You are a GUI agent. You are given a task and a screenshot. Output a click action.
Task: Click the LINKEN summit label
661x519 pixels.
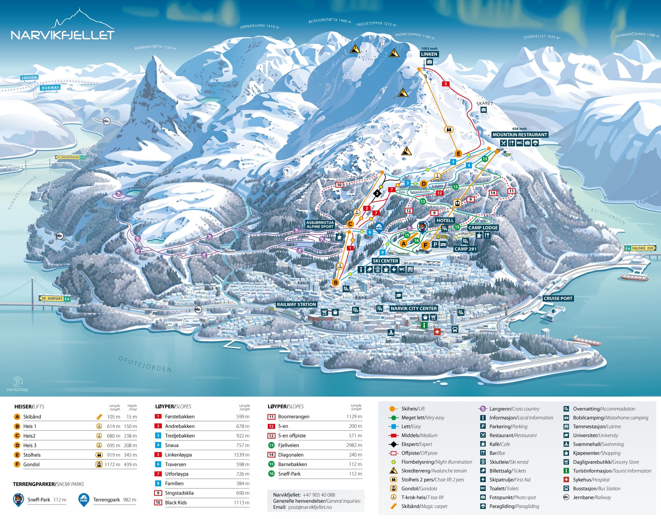(429, 54)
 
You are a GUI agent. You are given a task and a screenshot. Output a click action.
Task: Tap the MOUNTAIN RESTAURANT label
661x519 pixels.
(520, 135)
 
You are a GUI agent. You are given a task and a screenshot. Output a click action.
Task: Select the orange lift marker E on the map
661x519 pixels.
(458, 154)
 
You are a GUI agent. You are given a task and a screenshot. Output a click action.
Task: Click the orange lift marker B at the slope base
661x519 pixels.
(335, 283)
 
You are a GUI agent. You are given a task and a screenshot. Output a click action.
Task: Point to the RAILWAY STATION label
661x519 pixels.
(296, 305)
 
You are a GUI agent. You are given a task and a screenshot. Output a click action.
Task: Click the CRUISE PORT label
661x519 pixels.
(558, 298)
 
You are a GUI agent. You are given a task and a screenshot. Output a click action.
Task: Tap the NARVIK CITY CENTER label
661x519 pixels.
(413, 308)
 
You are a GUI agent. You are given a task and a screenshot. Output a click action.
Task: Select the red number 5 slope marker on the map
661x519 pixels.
(446, 84)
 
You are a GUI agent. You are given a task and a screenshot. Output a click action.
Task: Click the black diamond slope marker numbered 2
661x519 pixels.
(377, 193)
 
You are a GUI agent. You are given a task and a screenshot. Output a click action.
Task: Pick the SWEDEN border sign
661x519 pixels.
(29, 78)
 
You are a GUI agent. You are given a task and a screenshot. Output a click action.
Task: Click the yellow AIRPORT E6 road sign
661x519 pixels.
(55, 299)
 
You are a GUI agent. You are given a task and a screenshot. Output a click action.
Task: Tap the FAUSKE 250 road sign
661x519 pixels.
(640, 248)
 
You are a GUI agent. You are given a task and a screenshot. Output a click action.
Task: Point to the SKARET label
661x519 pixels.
(484, 103)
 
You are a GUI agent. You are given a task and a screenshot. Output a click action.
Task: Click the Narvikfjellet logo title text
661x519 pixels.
(62, 35)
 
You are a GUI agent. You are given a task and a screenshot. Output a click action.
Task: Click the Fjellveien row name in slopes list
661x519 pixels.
(288, 445)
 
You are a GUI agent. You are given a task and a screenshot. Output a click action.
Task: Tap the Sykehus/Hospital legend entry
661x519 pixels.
(591, 480)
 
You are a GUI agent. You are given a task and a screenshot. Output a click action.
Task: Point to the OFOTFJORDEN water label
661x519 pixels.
(145, 364)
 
